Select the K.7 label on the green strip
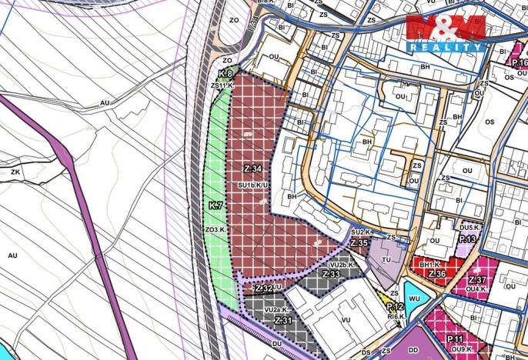pos(215,206)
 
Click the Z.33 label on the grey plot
pos(333,275)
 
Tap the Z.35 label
pos(358,242)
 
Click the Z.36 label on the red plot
pos(437,274)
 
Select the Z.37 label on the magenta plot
pos(477,279)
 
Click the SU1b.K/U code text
pos(252,185)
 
